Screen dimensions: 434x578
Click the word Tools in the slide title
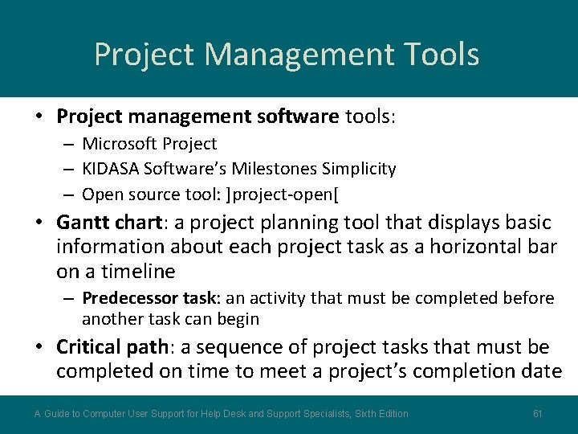pyautogui.click(x=437, y=55)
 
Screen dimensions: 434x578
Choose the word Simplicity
pyautogui.click(x=359, y=169)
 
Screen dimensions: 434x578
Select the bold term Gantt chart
pyautogui.click(x=110, y=222)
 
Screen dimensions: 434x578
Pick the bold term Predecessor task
pyautogui.click(x=150, y=298)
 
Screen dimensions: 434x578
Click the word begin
pyautogui.click(x=238, y=319)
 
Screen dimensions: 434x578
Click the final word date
pyautogui.click(x=541, y=371)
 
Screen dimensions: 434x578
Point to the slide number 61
pyautogui.click(x=538, y=414)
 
